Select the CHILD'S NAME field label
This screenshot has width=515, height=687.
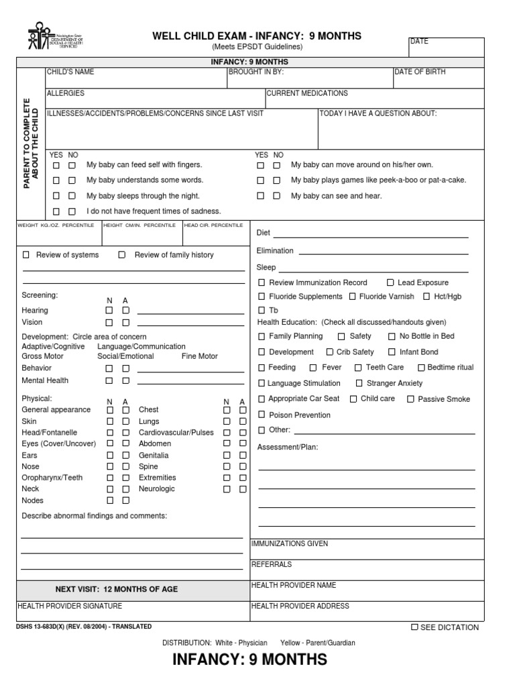[70, 72]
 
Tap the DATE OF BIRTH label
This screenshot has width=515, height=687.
[419, 72]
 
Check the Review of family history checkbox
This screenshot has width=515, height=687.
[122, 255]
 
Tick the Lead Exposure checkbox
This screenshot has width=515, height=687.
[390, 283]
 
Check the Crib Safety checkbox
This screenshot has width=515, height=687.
[330, 352]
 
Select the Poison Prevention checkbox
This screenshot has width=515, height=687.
[262, 415]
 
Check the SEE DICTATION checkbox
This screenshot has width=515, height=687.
[414, 627]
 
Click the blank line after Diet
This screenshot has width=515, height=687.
[370, 233]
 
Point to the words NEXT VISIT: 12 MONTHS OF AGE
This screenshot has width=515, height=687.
[117, 589]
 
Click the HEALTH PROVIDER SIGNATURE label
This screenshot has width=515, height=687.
[70, 606]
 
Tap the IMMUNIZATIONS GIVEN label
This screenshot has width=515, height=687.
[290, 544]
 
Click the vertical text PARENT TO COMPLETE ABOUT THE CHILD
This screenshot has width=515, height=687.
[32, 142]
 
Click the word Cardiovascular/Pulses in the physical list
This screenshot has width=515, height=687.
[176, 433]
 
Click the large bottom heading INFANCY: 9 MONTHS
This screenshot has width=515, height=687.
[249, 659]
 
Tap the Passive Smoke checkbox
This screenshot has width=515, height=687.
[410, 399]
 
